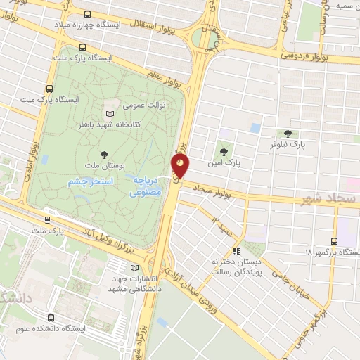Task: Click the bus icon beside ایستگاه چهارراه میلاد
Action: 86,14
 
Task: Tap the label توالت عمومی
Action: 143,105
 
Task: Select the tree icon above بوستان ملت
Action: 105,154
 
